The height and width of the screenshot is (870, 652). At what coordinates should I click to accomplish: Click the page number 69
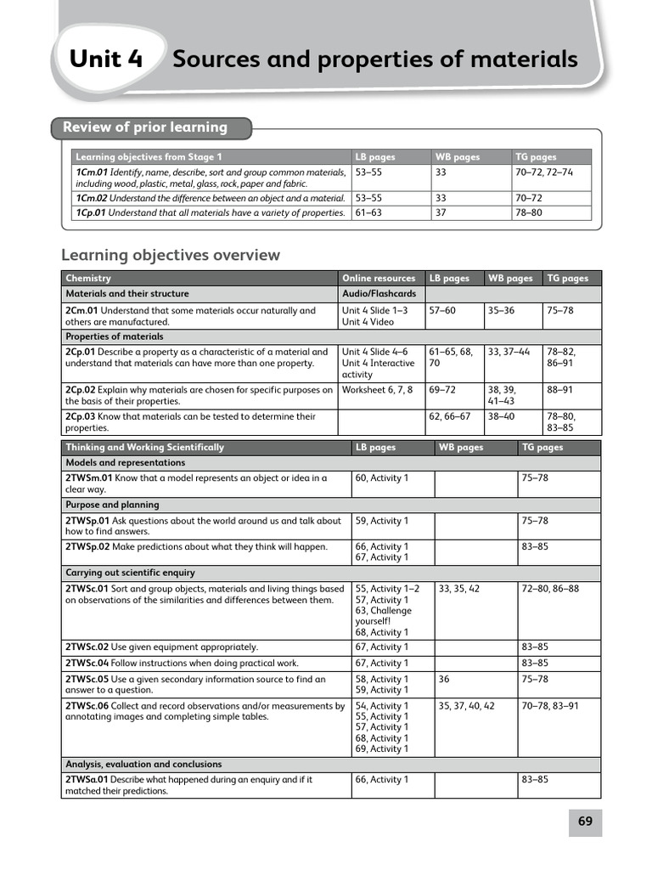(x=585, y=822)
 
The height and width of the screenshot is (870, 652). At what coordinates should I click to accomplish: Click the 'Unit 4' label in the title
(x=106, y=59)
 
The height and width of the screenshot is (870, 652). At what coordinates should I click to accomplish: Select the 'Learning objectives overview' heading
(x=171, y=255)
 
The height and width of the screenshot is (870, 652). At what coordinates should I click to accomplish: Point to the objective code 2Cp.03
(x=81, y=416)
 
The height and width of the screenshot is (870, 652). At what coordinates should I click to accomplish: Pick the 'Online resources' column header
(x=379, y=278)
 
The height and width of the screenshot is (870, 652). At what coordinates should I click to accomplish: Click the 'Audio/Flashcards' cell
(x=379, y=294)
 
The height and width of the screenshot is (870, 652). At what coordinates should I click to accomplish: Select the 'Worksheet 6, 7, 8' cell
(x=377, y=390)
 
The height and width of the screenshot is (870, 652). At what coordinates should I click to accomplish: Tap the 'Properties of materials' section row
(x=115, y=336)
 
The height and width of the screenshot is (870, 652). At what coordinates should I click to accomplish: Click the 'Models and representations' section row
(x=125, y=463)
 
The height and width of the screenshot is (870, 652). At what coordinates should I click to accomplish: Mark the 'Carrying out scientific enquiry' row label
(x=130, y=573)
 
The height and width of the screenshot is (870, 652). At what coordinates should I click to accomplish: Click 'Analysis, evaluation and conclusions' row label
(x=143, y=764)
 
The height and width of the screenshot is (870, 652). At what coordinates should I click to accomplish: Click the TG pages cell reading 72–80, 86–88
(x=550, y=588)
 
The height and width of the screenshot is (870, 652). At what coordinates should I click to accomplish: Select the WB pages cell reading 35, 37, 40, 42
(x=466, y=706)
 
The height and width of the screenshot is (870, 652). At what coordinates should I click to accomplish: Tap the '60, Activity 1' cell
(x=382, y=478)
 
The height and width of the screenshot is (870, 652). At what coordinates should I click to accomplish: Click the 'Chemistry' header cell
(x=88, y=278)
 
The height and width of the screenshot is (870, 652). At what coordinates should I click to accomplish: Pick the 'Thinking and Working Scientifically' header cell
(x=144, y=447)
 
